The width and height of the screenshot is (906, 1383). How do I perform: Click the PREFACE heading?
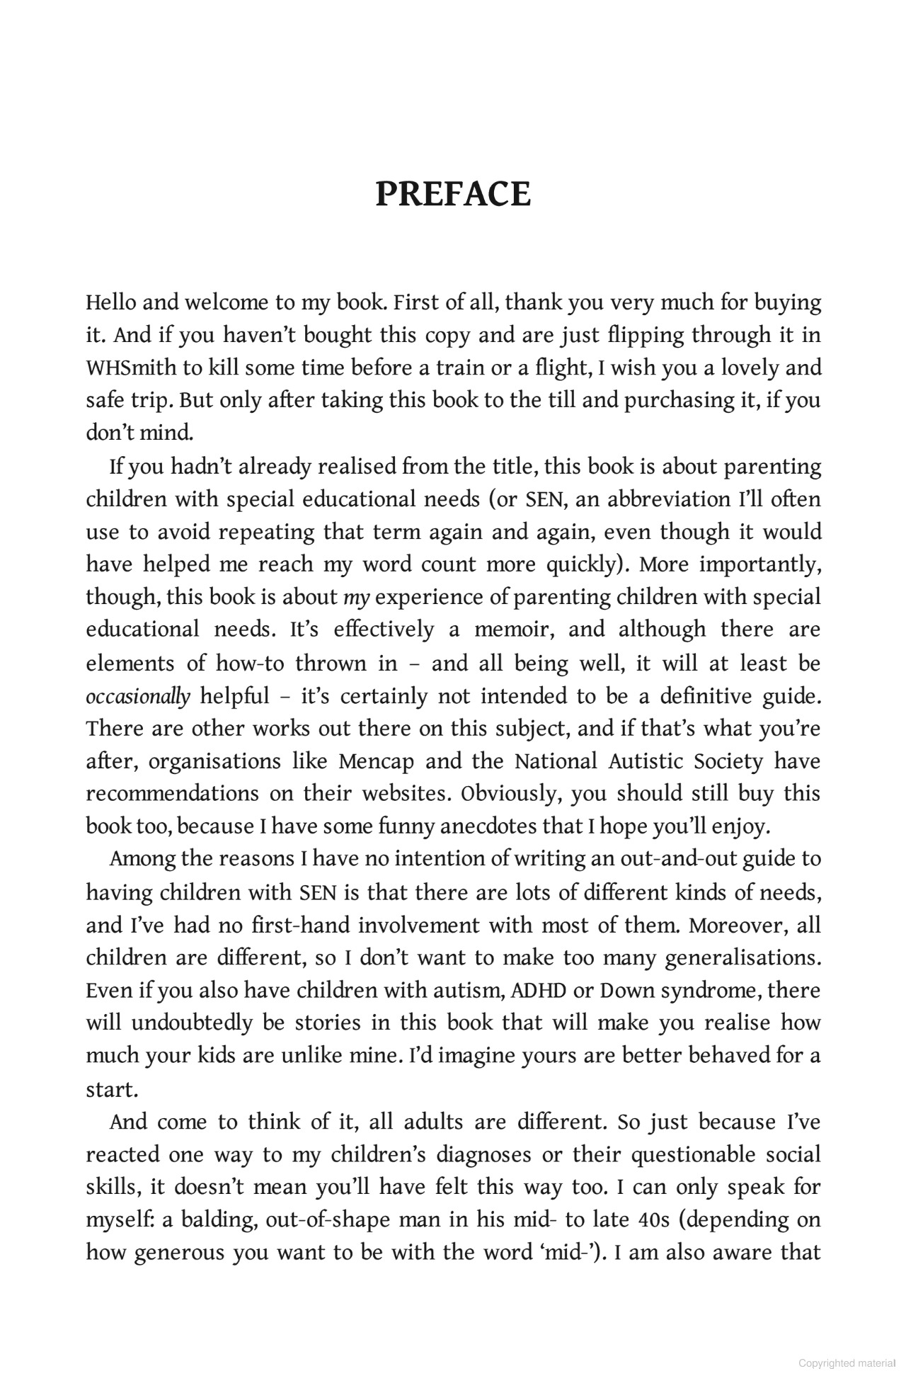[452, 195]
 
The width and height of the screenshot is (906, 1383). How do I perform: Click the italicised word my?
[357, 598]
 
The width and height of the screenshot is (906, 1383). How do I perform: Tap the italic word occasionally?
[138, 697]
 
